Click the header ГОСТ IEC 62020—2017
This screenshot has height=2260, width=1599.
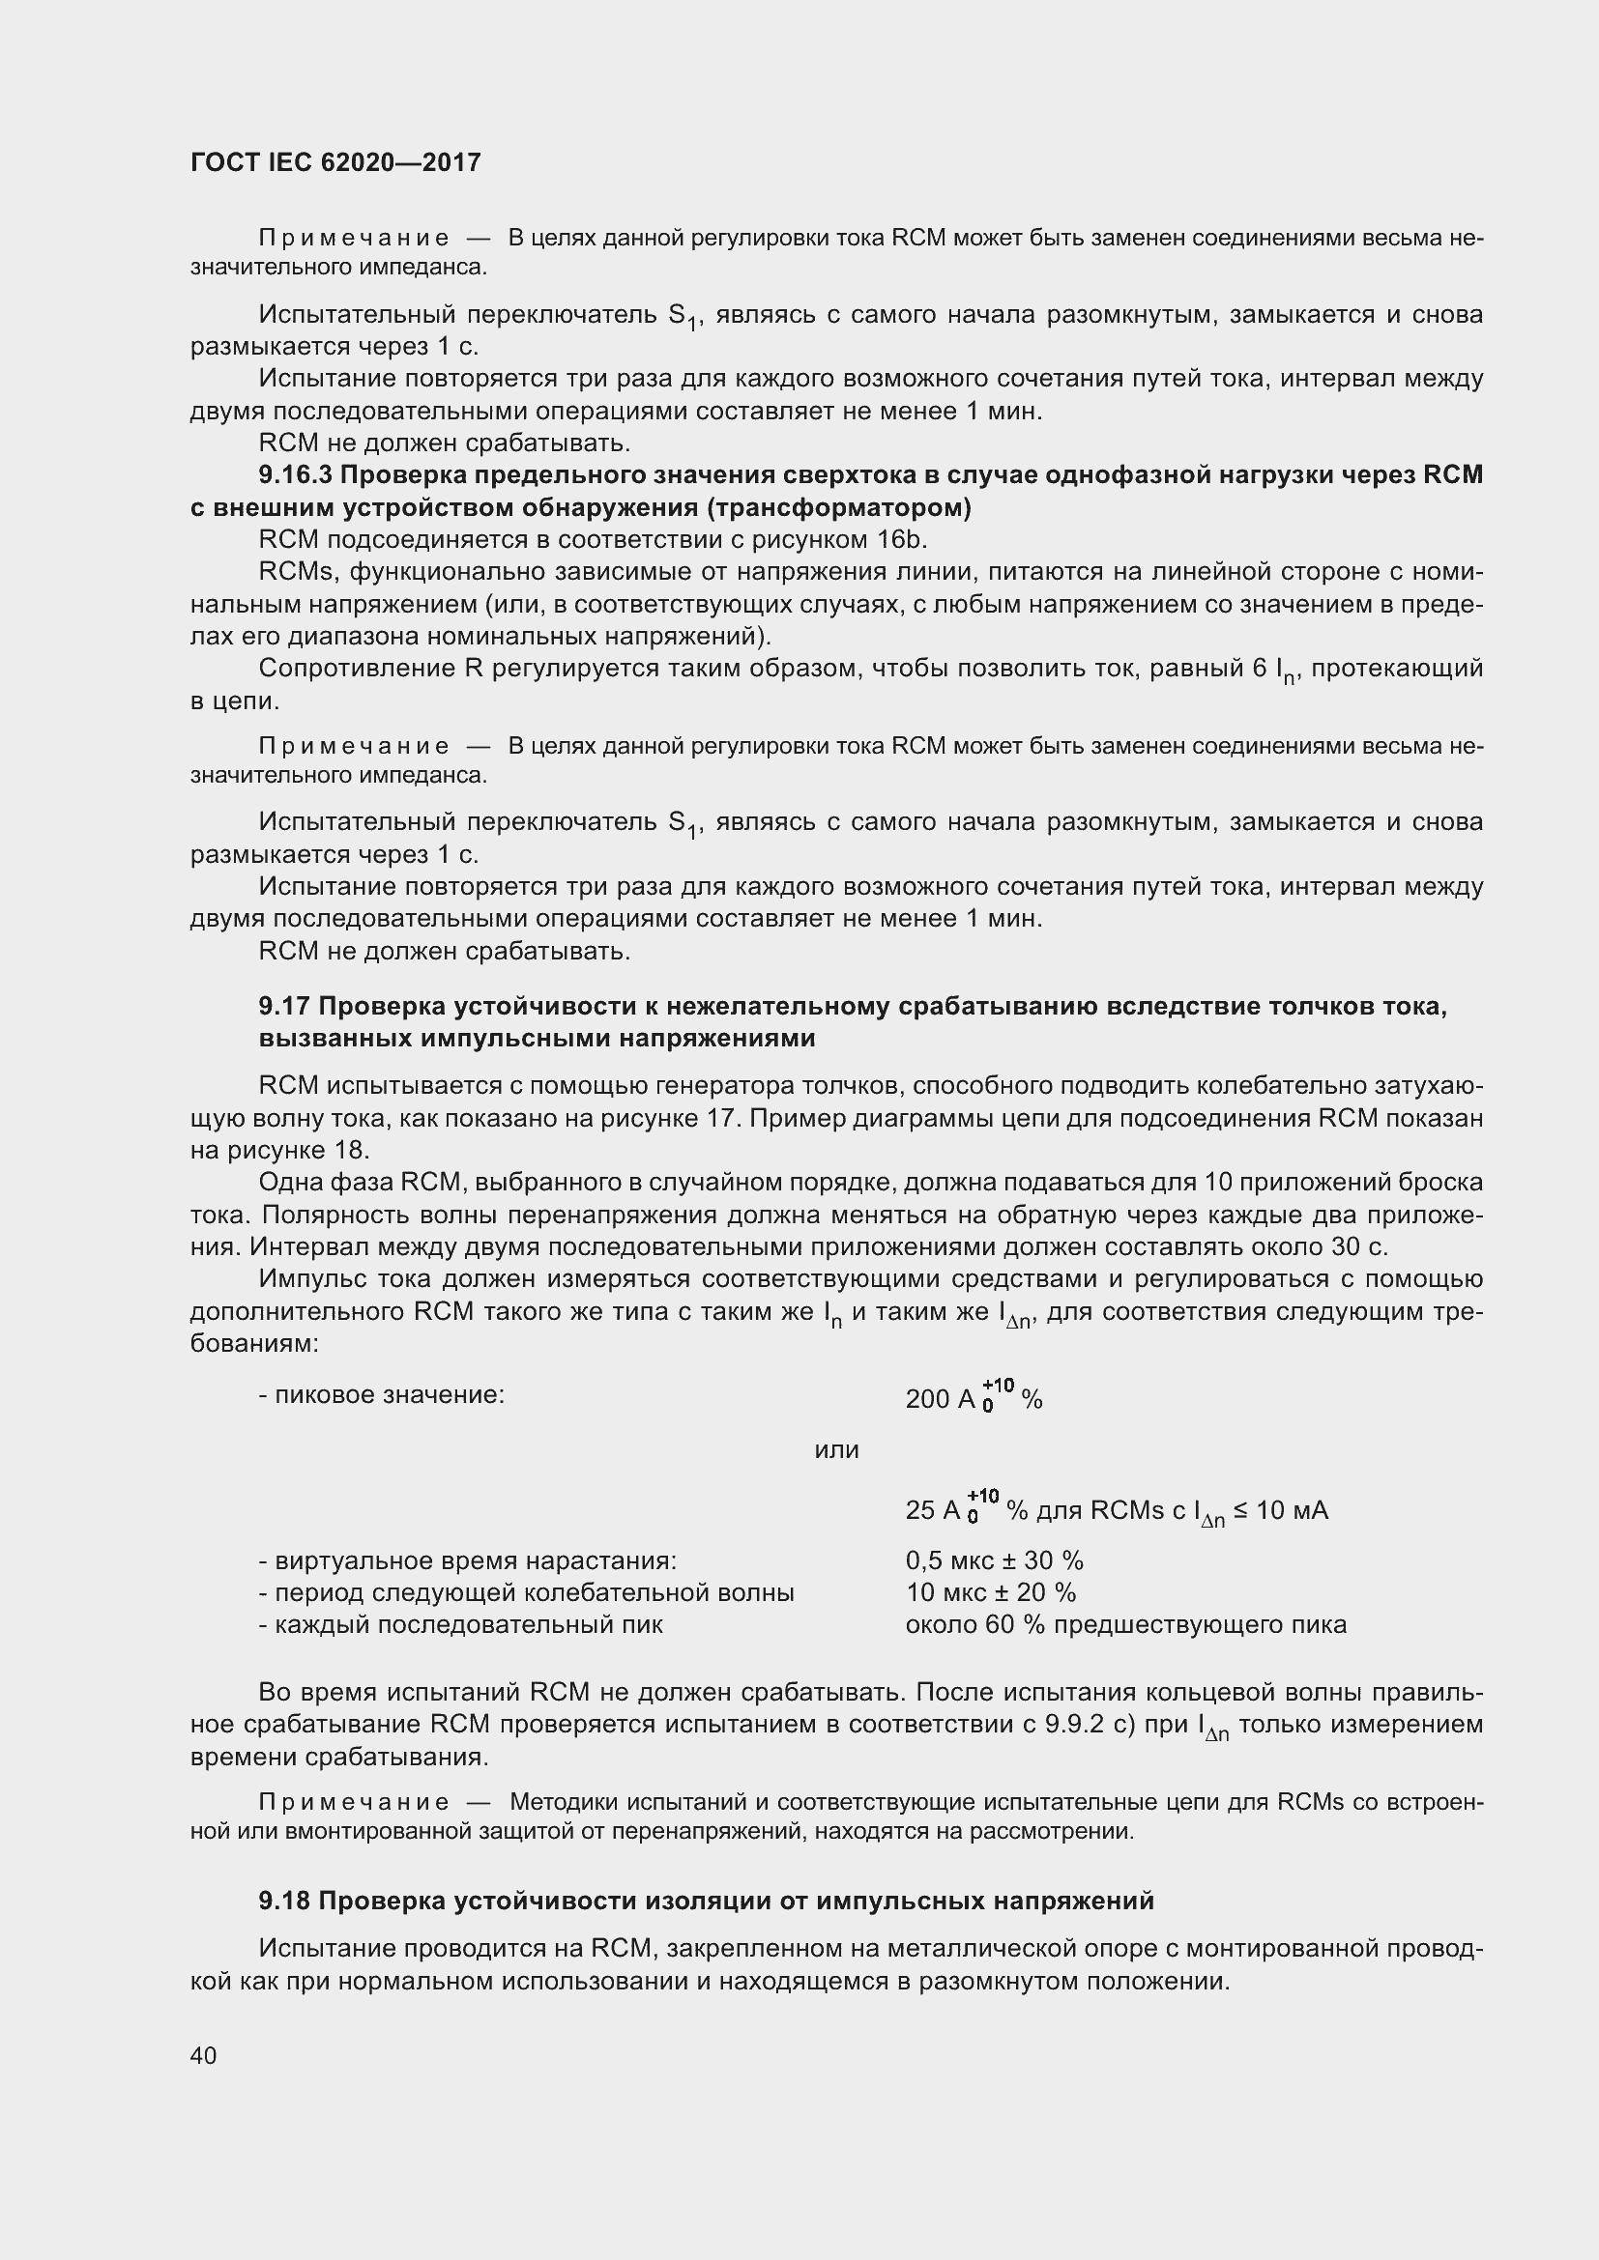[335, 162]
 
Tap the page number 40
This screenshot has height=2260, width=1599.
[203, 2055]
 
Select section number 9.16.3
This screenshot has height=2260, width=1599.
[296, 475]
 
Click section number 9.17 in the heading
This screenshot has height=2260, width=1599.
[284, 1006]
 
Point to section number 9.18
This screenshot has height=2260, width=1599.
[284, 1901]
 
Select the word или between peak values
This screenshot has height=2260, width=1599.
[836, 1450]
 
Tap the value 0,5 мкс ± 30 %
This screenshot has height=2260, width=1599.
[994, 1561]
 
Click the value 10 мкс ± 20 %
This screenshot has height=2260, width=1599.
[991, 1592]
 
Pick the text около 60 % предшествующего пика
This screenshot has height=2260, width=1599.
[1125, 1625]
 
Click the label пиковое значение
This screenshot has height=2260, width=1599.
[382, 1395]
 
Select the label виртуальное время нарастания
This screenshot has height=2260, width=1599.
[468, 1561]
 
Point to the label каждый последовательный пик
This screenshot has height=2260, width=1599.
[461, 1625]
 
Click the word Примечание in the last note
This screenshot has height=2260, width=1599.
[354, 1802]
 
